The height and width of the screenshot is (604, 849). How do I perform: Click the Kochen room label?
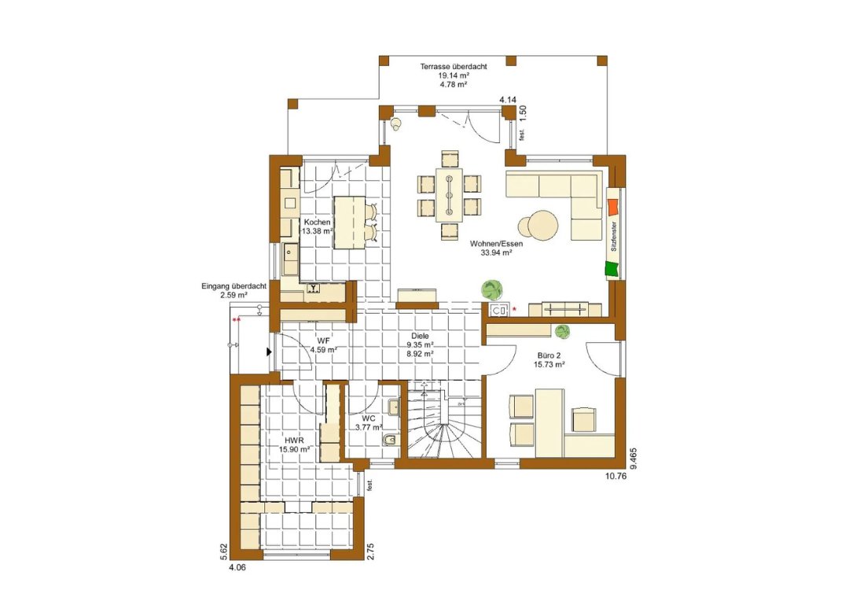pos(317,222)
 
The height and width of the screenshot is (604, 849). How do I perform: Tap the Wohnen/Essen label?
pos(496,244)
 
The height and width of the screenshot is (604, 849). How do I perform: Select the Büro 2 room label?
pos(549,356)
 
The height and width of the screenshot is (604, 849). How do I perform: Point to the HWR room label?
pos(295,440)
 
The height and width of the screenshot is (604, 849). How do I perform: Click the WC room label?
pos(369,418)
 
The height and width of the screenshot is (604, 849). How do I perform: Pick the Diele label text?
pos(420,337)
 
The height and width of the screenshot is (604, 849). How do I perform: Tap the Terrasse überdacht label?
pos(454,67)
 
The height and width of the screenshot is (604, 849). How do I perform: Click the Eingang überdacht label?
pos(233,286)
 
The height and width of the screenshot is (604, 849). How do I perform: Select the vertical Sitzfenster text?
pos(613,236)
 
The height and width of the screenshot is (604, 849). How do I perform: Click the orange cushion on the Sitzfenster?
pos(613,208)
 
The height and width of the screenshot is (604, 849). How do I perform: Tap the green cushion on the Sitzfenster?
pos(612,269)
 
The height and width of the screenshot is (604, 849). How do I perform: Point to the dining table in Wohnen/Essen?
pos(450,195)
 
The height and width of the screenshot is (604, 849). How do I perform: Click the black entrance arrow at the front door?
pos(269,352)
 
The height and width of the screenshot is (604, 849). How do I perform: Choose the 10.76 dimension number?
pos(615,477)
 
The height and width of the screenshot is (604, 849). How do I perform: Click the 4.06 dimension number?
pos(237,568)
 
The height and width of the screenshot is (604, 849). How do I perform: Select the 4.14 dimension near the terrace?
pos(508,100)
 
